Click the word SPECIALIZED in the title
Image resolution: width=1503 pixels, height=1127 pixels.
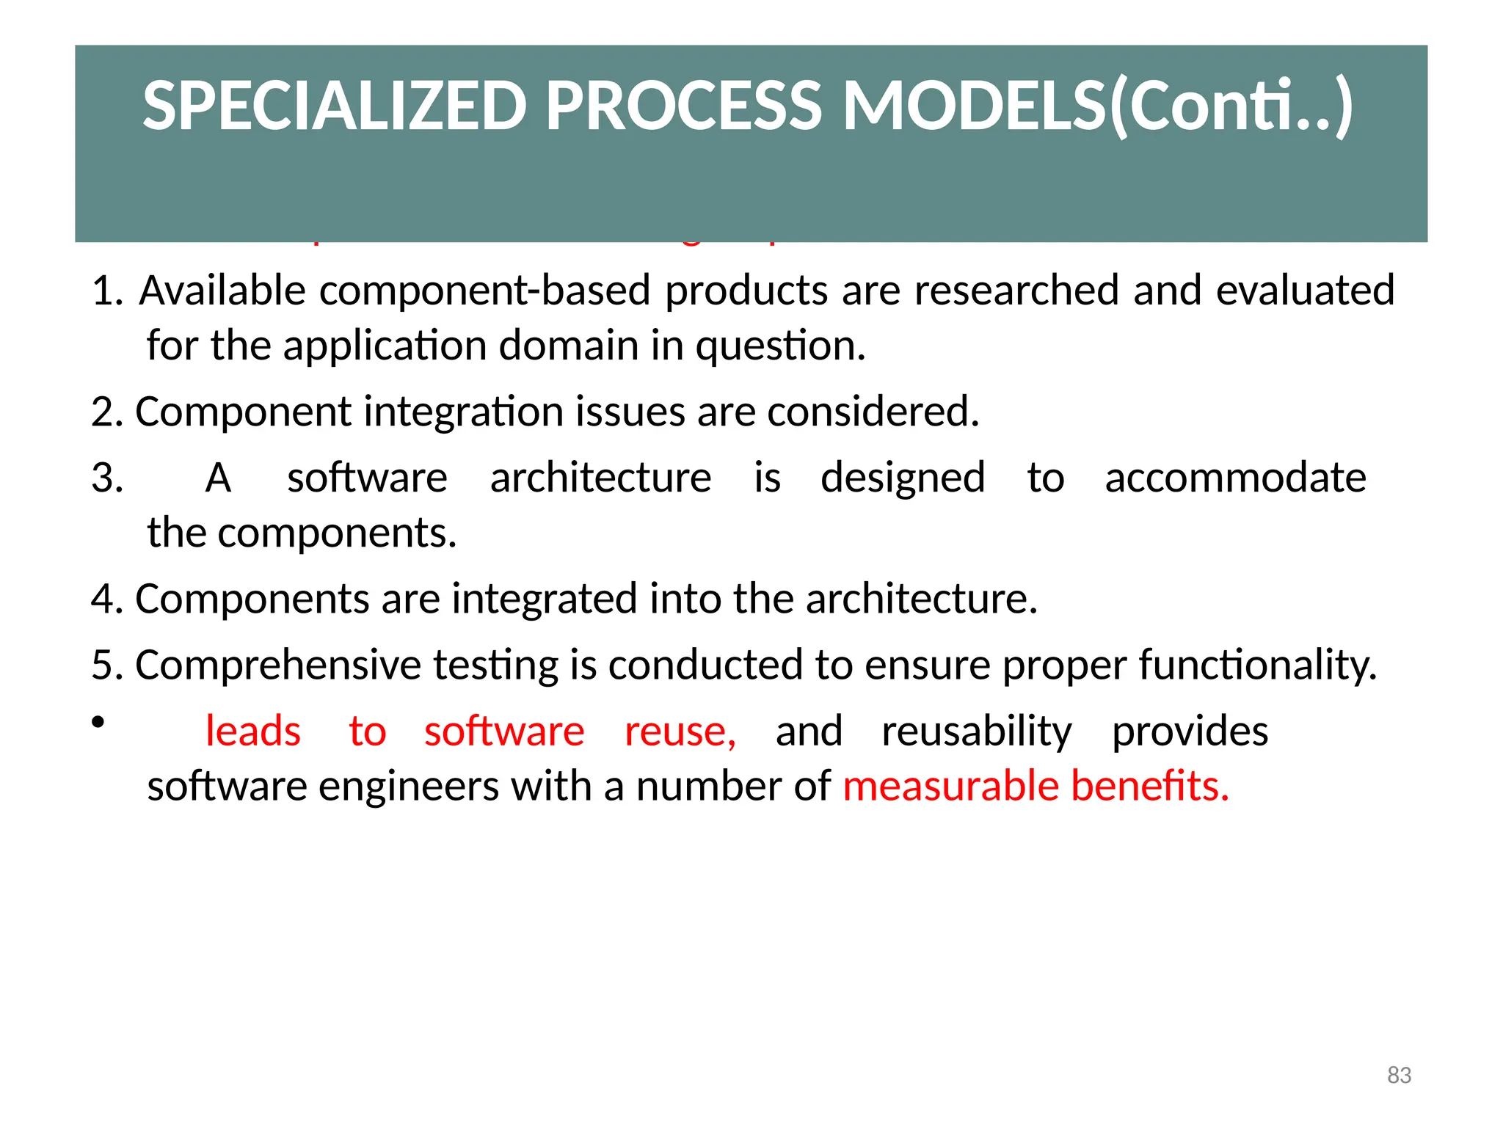click(x=335, y=106)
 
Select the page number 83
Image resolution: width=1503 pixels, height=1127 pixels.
click(x=1399, y=1075)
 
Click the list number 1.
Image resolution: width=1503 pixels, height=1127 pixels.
click(x=106, y=291)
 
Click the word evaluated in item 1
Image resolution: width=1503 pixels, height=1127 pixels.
click(x=1305, y=291)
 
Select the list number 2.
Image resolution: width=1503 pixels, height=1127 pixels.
click(x=106, y=412)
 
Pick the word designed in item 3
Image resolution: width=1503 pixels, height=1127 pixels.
click(x=903, y=478)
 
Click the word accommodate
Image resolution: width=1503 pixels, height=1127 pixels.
click(x=1235, y=478)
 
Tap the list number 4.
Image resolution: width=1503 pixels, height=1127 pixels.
click(x=106, y=599)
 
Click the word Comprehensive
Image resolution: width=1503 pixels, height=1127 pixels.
click(x=278, y=666)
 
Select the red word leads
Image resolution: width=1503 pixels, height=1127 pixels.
click(x=253, y=732)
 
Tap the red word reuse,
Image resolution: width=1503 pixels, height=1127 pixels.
click(x=680, y=732)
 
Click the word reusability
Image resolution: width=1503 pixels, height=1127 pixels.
click(x=976, y=733)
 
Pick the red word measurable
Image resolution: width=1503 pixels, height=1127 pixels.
click(x=951, y=787)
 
